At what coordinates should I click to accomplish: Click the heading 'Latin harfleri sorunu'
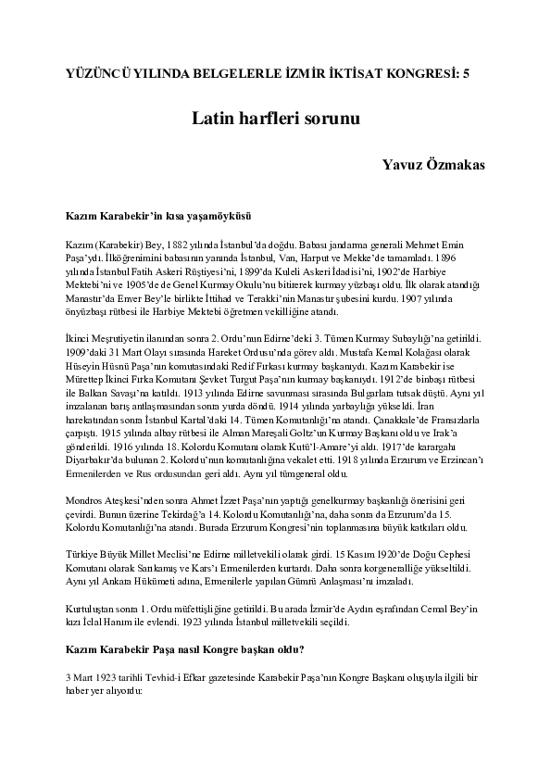point(275,120)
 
